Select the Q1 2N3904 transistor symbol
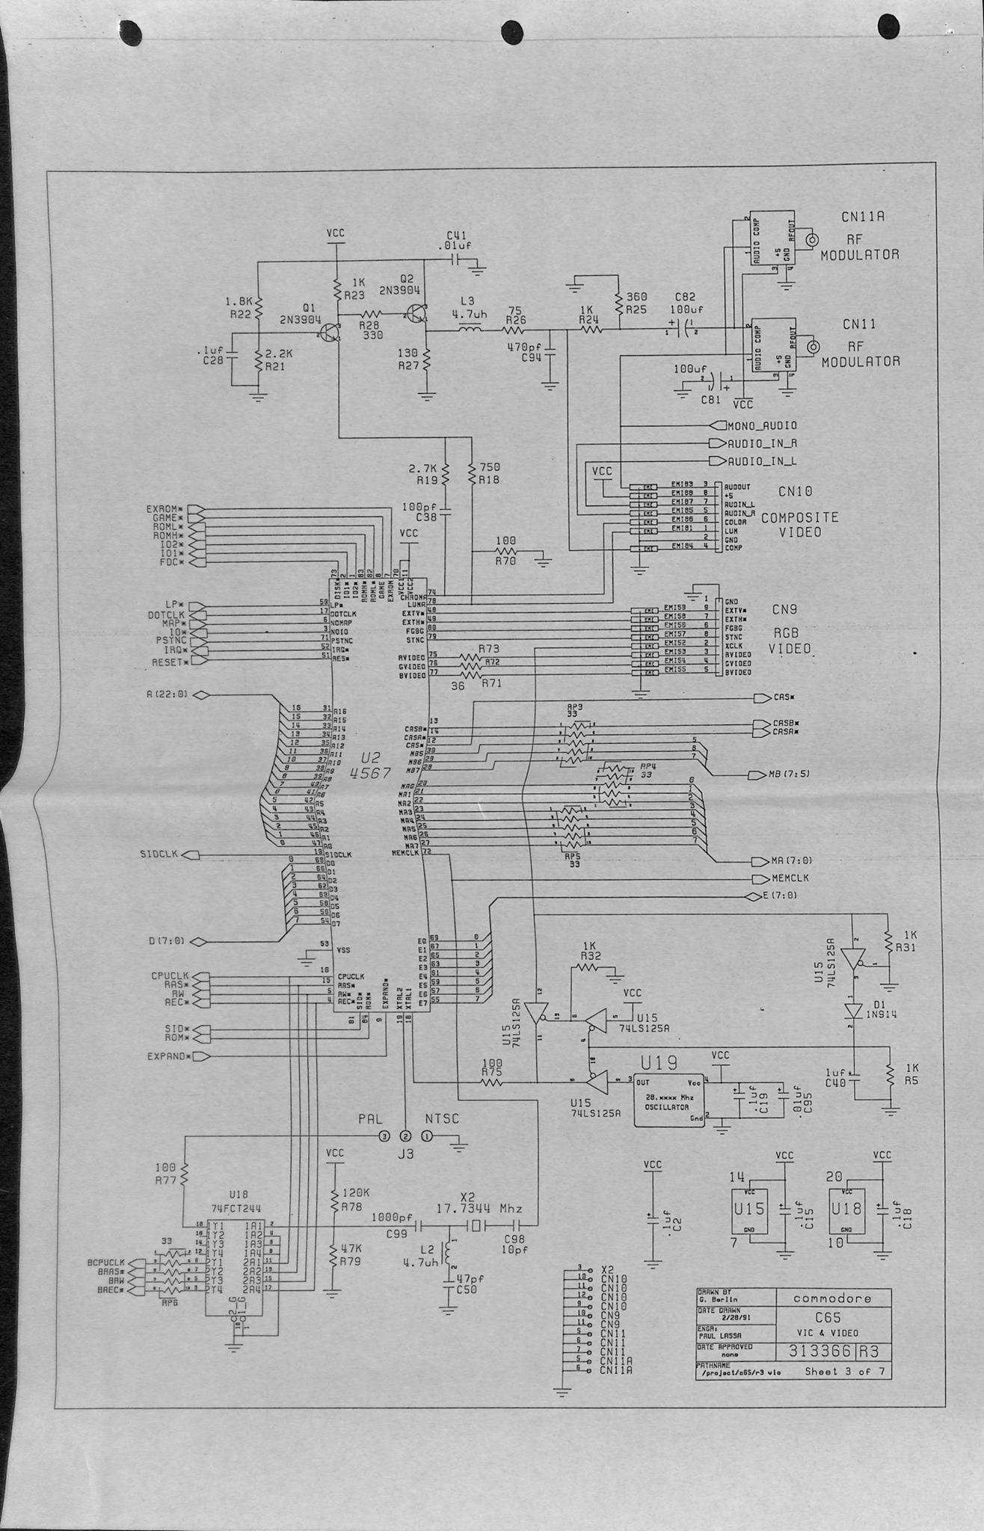[x=330, y=333]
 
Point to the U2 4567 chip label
[x=370, y=765]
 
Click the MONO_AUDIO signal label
[x=762, y=425]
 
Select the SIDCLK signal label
[x=158, y=854]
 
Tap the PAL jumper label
[x=369, y=1119]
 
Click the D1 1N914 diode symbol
[x=850, y=1011]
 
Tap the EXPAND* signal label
[x=167, y=1056]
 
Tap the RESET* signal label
[x=168, y=662]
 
